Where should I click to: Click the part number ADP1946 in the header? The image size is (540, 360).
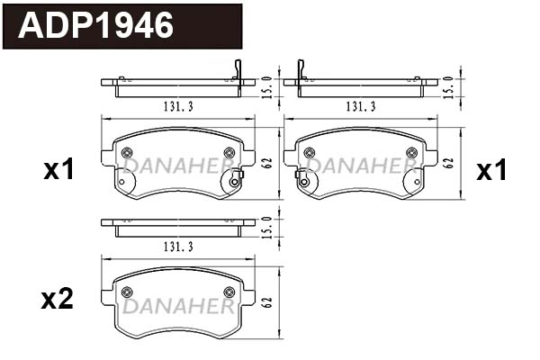[x=97, y=26]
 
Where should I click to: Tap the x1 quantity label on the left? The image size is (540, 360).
[x=59, y=170]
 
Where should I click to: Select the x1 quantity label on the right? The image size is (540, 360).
[x=491, y=170]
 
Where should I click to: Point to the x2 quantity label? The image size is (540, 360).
[x=59, y=299]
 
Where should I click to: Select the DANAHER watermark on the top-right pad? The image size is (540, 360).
[x=362, y=166]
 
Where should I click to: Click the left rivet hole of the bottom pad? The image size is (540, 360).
[x=126, y=291]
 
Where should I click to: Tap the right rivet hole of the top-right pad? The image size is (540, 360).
[x=412, y=152]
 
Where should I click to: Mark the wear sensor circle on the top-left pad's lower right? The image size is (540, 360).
[x=234, y=182]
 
